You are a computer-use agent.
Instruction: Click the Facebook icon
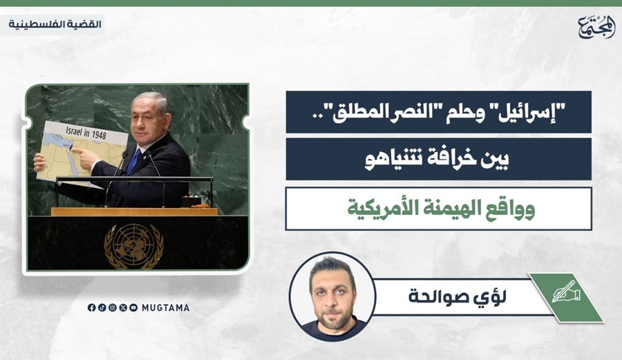pyautogui.click(x=92, y=307)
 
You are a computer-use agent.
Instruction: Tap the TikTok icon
pyautogui.click(x=102, y=307)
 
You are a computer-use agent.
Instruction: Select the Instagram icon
pyautogui.click(x=113, y=307)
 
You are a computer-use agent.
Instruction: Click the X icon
pyautogui.click(x=123, y=307)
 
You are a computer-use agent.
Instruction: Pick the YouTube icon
pyautogui.click(x=133, y=307)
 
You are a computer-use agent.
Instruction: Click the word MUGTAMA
pyautogui.click(x=166, y=307)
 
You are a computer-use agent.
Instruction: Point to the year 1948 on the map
pyautogui.click(x=99, y=135)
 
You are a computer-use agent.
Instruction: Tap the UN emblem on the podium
pyautogui.click(x=133, y=246)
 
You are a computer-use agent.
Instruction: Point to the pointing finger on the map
pyautogui.click(x=77, y=151)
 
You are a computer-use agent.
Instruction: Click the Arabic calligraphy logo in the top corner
pyautogui.click(x=596, y=27)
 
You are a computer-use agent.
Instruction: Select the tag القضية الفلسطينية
pyautogui.click(x=55, y=24)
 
